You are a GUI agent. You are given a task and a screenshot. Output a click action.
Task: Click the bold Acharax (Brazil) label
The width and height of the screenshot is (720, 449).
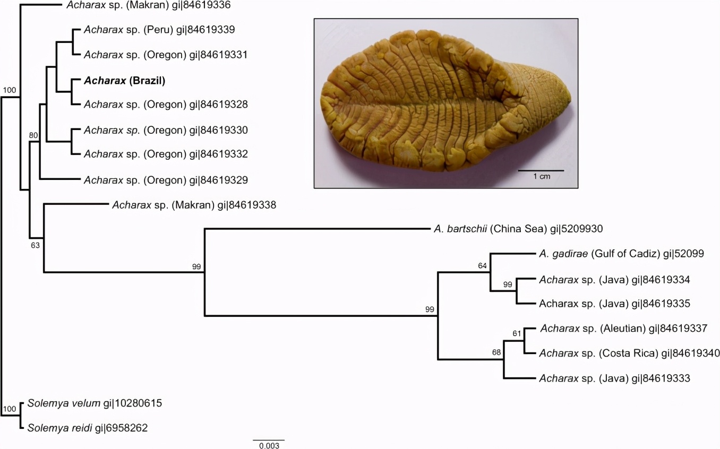(x=124, y=80)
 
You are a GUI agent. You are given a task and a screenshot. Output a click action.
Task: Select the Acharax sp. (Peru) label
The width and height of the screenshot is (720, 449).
(x=159, y=30)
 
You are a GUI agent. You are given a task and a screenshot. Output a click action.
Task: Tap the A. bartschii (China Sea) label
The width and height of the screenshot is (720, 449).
(x=518, y=229)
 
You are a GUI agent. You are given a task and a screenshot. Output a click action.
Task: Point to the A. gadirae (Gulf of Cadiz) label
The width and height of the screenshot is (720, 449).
(x=622, y=254)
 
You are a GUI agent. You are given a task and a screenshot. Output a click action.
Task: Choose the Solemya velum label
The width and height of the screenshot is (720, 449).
(x=95, y=403)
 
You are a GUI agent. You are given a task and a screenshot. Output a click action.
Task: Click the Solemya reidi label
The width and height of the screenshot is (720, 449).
(x=88, y=428)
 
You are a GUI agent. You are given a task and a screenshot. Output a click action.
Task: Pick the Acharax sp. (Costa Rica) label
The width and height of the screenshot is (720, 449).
(x=629, y=353)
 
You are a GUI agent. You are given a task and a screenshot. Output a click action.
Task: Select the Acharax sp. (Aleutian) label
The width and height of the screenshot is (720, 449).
(x=623, y=328)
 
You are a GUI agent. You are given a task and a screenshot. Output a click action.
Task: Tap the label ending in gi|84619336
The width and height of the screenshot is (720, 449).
(x=149, y=5)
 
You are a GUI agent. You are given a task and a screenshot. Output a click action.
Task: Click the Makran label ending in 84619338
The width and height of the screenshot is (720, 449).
(x=194, y=205)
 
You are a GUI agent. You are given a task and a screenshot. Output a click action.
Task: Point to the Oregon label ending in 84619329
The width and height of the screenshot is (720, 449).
(x=166, y=180)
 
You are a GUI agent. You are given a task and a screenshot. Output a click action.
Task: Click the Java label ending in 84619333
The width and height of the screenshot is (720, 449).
(x=614, y=378)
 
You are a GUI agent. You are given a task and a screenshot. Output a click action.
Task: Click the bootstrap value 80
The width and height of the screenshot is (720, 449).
(x=33, y=135)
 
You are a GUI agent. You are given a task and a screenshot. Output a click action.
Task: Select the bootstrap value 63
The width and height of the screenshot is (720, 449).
(x=36, y=245)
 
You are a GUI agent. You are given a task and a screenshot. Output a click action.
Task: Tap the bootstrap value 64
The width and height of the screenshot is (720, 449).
(x=482, y=265)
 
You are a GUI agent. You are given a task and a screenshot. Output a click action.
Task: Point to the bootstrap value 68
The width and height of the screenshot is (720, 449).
(x=496, y=352)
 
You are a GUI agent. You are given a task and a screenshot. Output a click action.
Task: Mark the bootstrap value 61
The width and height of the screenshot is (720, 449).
(x=517, y=334)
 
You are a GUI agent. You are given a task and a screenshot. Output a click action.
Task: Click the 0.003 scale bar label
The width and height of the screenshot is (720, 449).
(x=269, y=445)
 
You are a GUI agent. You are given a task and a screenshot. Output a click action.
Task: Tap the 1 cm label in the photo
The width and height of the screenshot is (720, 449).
(x=542, y=176)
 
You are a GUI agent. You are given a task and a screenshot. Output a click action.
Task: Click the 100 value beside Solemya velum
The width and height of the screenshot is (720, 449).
(x=10, y=409)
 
